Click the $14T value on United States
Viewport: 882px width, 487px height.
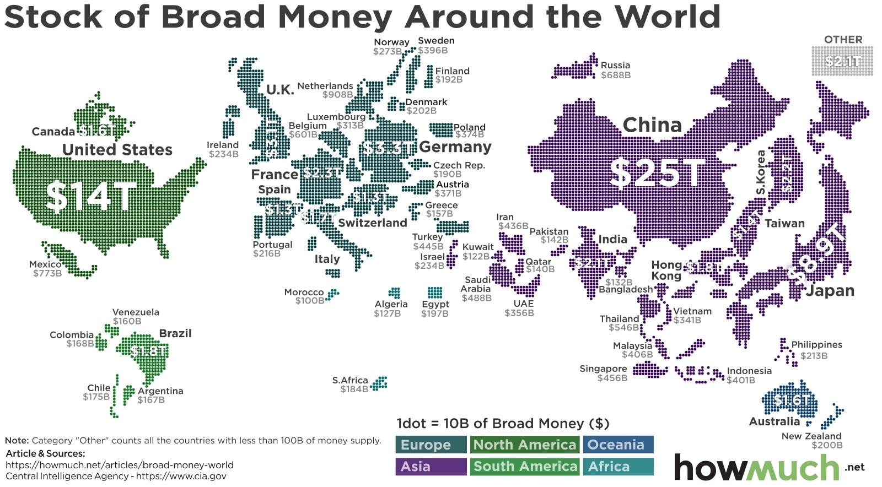click(91, 196)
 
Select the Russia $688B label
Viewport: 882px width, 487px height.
click(615, 70)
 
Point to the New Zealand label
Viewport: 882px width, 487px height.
click(811, 436)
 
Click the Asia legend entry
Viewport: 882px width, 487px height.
click(431, 467)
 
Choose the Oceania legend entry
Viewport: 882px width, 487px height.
click(618, 445)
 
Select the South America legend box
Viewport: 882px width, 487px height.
click(524, 467)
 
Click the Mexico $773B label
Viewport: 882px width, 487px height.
click(46, 269)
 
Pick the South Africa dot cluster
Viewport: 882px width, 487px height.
click(379, 383)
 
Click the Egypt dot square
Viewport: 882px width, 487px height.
click(435, 293)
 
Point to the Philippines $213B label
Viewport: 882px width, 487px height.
click(816, 350)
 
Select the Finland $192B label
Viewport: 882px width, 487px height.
click(452, 75)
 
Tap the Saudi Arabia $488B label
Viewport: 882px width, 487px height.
click(476, 289)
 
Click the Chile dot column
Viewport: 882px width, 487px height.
click(115, 396)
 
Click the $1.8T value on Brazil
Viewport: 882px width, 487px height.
click(148, 351)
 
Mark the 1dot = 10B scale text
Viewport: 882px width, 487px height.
click(503, 424)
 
